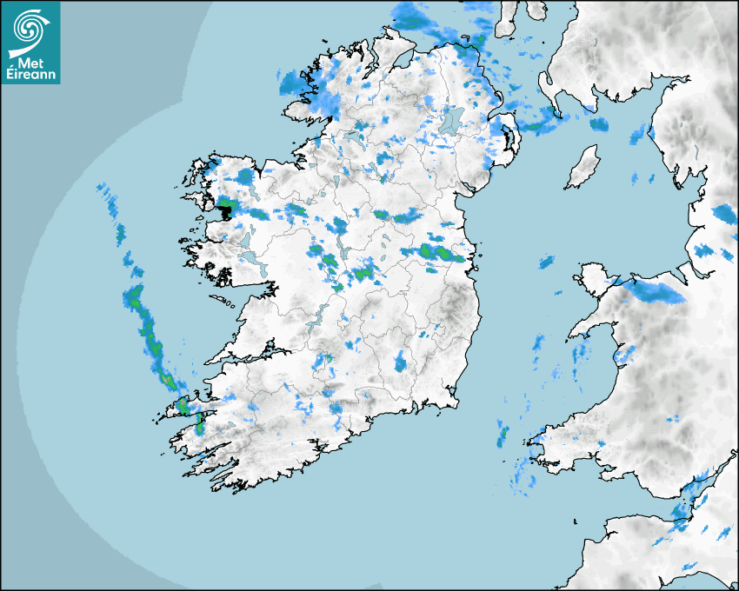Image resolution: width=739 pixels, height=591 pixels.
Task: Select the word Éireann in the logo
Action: pos(30,76)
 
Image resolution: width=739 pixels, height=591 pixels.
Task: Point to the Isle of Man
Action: pos(583,167)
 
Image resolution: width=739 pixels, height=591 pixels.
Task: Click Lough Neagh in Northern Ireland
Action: pos(452,119)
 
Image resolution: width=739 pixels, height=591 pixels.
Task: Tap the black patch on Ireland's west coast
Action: pos(227,209)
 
